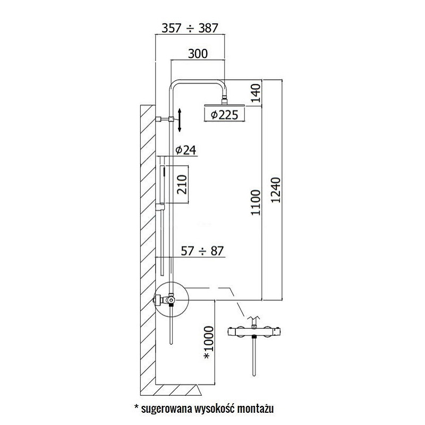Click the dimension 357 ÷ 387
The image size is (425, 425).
pos(190,28)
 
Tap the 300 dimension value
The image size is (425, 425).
pos(198,54)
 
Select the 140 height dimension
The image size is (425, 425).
pos(256,93)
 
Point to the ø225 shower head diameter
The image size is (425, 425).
pos(224,115)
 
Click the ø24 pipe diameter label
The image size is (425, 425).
pos(185,150)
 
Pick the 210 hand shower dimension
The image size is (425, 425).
pos(182,184)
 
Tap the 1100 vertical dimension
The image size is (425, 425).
pos(256,203)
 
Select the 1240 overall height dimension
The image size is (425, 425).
pos(276,190)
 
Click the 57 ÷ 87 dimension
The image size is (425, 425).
pos(202,251)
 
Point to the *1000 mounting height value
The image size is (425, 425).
pos(208,342)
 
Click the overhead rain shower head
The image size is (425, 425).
pos(224,105)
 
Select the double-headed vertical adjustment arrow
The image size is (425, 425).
pos(180,120)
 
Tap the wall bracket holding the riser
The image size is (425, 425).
pos(165,119)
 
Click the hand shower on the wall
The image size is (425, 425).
pos(163,184)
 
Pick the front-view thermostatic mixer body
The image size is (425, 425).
pos(254,332)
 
